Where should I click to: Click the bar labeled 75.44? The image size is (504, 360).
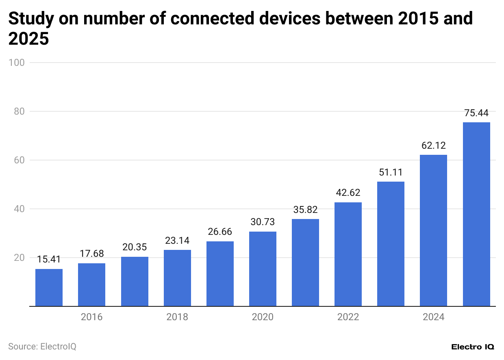[476, 214]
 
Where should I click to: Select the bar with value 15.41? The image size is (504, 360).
[49, 287]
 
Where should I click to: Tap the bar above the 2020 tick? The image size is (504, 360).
[263, 269]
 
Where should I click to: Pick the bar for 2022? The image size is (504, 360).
[348, 254]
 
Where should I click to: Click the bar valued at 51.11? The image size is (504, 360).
[391, 244]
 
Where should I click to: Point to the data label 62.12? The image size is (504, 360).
[434, 145]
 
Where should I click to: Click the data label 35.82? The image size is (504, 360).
[305, 210]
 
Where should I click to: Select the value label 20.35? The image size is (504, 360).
[135, 247]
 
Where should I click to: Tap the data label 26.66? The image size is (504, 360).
[220, 232]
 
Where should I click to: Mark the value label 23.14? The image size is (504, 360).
[177, 240]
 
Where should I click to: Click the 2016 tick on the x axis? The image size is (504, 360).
[92, 317]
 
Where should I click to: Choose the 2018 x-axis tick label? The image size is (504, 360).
[177, 317]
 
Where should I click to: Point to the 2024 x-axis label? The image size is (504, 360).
[434, 317]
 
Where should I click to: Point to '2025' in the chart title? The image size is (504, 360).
[28, 39]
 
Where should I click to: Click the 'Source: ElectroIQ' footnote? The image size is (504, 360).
[42, 347]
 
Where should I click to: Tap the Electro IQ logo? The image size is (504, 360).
[473, 347]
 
